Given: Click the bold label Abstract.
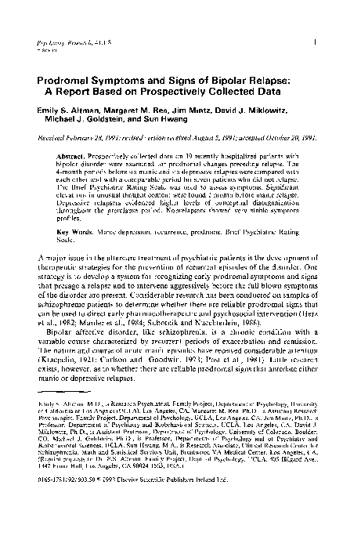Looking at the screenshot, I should click(69, 157).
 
